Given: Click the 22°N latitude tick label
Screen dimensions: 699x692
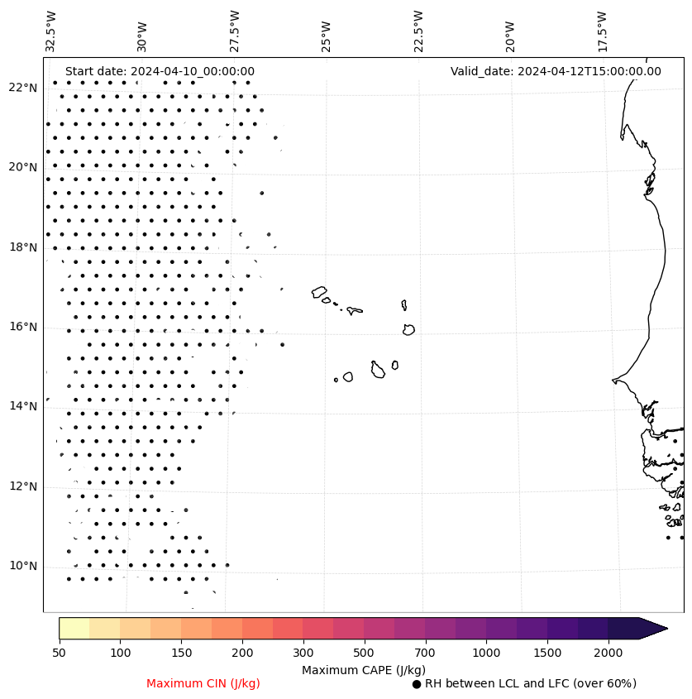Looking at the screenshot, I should pyautogui.click(x=23, y=88).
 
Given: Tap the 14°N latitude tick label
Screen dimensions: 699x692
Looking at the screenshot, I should pyautogui.click(x=23, y=406).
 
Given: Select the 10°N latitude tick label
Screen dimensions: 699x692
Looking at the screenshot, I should pyautogui.click(x=23, y=566).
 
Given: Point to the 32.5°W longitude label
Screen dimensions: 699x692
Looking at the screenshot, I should pyautogui.click(x=51, y=31).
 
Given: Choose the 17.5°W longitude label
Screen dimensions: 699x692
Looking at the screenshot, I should pyautogui.click(x=602, y=31).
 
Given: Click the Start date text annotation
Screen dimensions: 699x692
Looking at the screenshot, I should pyautogui.click(x=160, y=71).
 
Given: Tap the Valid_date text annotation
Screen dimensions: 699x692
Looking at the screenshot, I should pyautogui.click(x=556, y=71).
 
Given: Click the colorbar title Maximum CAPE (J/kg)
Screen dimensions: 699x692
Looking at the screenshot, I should pyautogui.click(x=363, y=669).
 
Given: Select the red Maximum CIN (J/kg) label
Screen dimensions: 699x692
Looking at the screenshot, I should pyautogui.click(x=203, y=683).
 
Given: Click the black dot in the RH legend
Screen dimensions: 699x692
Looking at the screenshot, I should pyautogui.click(x=417, y=684).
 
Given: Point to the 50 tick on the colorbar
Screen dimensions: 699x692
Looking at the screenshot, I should pyautogui.click(x=59, y=654).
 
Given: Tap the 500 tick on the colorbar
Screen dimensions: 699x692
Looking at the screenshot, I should pyautogui.click(x=364, y=654).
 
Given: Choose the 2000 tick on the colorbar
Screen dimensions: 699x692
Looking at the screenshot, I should pyautogui.click(x=608, y=654).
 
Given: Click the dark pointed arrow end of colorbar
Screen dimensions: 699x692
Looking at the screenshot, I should pyautogui.click(x=653, y=628).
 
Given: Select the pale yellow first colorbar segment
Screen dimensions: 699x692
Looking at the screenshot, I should pyautogui.click(x=74, y=628).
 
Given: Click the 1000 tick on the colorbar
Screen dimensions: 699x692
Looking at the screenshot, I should pyautogui.click(x=486, y=654).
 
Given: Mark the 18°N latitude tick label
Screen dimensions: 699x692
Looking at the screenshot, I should pyautogui.click(x=23, y=247).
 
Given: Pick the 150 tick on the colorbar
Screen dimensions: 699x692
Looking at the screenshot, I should pyautogui.click(x=181, y=654).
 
